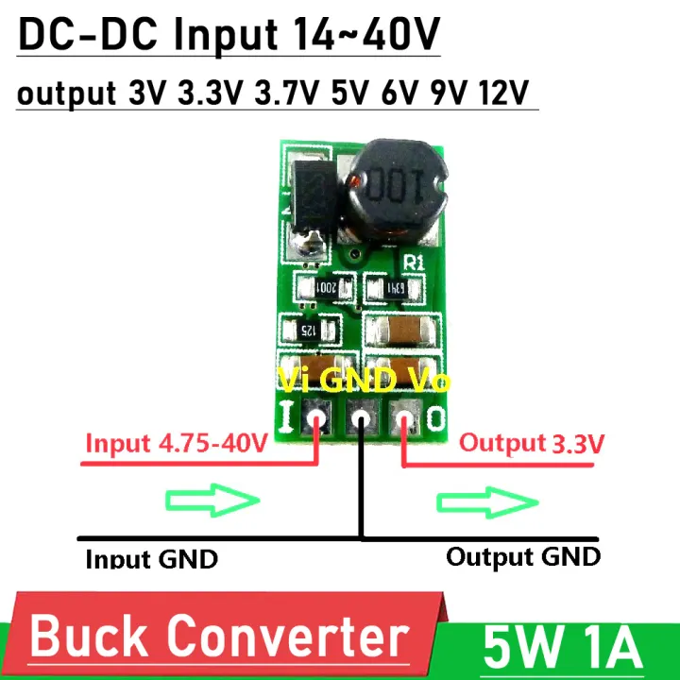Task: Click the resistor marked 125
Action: click(307, 331)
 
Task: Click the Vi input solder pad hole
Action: click(315, 416)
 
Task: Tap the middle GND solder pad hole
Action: click(361, 416)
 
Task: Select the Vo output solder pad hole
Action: click(406, 416)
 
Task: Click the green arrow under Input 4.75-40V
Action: click(212, 501)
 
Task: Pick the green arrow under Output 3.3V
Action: click(483, 501)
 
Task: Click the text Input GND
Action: click(151, 558)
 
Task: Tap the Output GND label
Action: click(522, 555)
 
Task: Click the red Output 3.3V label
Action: click(532, 443)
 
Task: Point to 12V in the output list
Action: click(503, 94)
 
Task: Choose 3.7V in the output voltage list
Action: click(286, 94)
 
